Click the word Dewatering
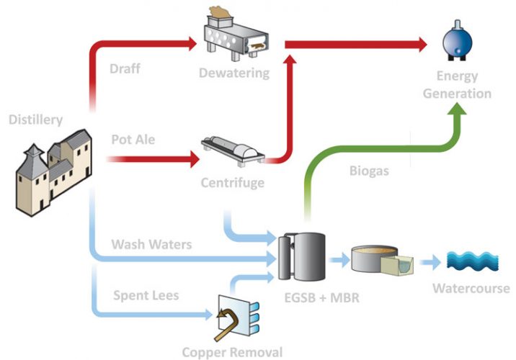coord(233,73)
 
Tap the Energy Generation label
coord(457,85)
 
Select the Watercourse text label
coord(471,289)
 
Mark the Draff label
coord(125,69)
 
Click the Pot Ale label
coord(132,138)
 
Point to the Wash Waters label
coord(151,244)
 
